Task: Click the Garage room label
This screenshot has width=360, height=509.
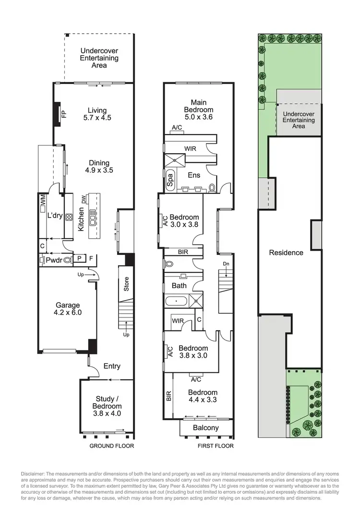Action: [x=68, y=305]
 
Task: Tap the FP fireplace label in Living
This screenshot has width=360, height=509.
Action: [x=63, y=114]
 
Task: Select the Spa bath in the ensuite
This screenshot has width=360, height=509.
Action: [x=170, y=180]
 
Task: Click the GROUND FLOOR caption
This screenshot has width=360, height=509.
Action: [x=112, y=446]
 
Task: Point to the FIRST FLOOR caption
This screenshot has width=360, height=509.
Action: [x=216, y=446]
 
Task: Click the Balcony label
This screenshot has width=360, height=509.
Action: [x=205, y=428]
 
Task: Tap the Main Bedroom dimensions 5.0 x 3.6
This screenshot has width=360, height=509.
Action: [x=202, y=117]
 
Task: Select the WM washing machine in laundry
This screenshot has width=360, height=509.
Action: [x=43, y=198]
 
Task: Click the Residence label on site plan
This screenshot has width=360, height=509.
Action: [x=286, y=253]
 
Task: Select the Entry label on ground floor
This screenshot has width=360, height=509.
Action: [x=112, y=366]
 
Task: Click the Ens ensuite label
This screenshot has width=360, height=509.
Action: [x=194, y=175]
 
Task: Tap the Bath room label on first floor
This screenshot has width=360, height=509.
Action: [x=179, y=286]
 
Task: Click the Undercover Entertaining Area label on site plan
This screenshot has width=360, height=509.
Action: [x=299, y=120]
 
